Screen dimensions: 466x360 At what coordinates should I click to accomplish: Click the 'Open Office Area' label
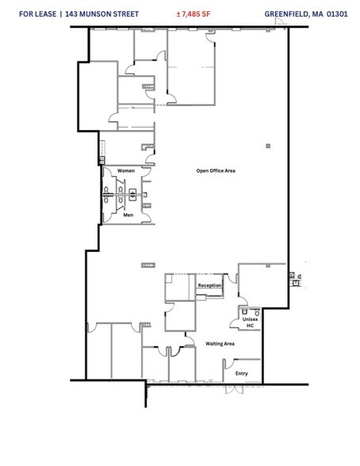tap(216, 170)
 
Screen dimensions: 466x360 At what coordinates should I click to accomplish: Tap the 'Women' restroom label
tap(126, 171)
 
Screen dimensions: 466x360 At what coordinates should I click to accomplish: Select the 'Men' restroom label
tap(128, 214)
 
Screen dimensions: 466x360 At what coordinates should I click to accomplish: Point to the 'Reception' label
tap(209, 285)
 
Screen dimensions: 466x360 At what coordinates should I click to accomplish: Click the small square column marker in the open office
tap(269, 145)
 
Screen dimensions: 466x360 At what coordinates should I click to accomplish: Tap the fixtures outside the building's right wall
tap(297, 277)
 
